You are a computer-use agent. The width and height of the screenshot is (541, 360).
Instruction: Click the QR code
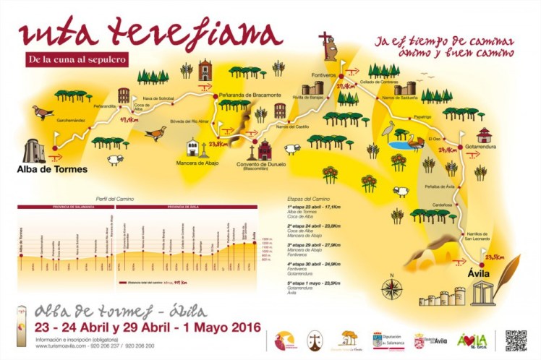coord(515,340)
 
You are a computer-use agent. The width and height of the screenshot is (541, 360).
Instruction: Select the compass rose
coord(391,288)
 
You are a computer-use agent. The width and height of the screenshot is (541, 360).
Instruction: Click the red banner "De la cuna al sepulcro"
coord(75,59)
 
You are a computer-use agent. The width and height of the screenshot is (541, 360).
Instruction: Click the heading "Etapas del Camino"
coord(309,198)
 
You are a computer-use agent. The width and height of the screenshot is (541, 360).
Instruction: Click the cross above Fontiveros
coord(323,38)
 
